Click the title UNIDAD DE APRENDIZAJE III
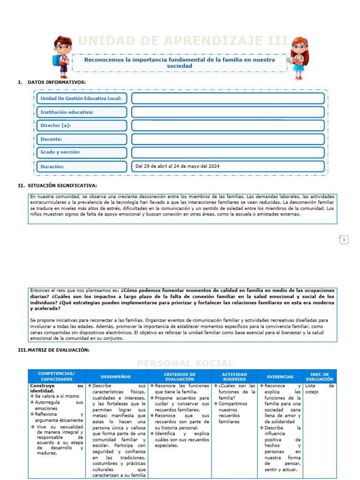(x=183, y=42)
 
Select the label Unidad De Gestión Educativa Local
(x=82, y=98)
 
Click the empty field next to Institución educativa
(x=228, y=112)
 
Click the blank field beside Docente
(x=228, y=139)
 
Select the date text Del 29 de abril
(x=177, y=166)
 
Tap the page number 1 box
(x=344, y=240)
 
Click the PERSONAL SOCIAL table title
(x=185, y=364)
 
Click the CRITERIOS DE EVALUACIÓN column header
(x=179, y=376)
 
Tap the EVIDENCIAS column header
(x=280, y=376)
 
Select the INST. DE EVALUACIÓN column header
(x=320, y=376)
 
